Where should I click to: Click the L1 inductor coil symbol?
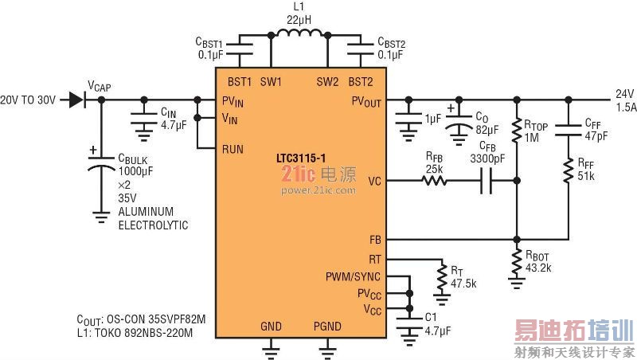[299, 35]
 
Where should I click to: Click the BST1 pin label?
[240, 81]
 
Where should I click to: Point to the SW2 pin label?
[327, 81]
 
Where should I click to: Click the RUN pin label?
[233, 149]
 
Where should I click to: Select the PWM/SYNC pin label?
[353, 277]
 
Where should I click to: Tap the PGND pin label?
[328, 326]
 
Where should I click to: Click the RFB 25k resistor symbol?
[435, 182]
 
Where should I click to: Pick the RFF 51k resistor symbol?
[569, 170]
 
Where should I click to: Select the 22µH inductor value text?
[299, 18]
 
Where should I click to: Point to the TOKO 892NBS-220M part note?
[143, 331]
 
